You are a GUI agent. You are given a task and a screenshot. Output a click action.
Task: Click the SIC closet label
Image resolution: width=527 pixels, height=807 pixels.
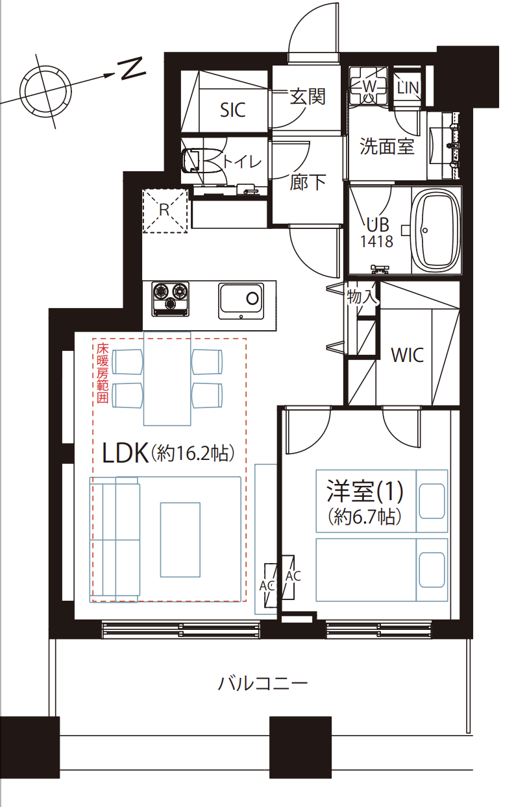[232, 110]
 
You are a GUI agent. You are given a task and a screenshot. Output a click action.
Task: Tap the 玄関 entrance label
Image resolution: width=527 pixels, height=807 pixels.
[308, 96]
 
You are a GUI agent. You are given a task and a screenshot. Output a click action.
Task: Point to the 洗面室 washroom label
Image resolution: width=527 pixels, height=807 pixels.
[387, 146]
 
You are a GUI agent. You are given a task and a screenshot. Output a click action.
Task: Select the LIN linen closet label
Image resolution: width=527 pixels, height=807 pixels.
[408, 88]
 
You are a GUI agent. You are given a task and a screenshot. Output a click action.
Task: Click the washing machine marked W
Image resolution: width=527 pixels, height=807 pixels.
[368, 86]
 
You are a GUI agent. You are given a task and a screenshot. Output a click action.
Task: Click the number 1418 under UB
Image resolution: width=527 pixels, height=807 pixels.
[376, 241]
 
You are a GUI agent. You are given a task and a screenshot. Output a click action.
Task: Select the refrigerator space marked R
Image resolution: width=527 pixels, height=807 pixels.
[165, 210]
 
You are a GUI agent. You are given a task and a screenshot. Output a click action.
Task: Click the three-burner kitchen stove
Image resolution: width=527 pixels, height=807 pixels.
[171, 299]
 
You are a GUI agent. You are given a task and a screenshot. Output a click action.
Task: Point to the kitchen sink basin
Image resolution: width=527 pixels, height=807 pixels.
[241, 301]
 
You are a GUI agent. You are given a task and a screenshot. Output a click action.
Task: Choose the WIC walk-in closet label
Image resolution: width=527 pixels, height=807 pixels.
[407, 355]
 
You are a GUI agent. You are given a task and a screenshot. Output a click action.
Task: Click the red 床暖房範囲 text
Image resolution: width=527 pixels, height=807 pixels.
[103, 373]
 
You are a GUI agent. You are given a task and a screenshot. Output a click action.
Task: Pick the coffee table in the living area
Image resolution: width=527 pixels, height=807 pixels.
[180, 540]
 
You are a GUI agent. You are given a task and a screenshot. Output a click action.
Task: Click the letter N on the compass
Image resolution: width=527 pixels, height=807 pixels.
[132, 69]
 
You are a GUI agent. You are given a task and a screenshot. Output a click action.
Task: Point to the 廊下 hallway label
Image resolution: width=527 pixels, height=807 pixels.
[308, 182]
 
